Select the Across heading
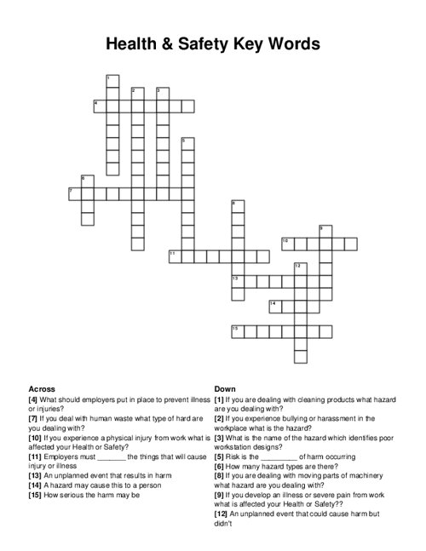[42, 388]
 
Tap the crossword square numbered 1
[112, 81]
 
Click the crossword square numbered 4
[100, 106]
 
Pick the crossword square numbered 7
[75, 193]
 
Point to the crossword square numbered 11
[175, 255]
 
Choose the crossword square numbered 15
[238, 330]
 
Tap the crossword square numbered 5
[187, 143]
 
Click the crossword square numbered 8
[238, 206]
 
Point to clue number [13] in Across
[35, 475]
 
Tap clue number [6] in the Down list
[220, 466]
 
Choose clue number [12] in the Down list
[222, 514]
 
